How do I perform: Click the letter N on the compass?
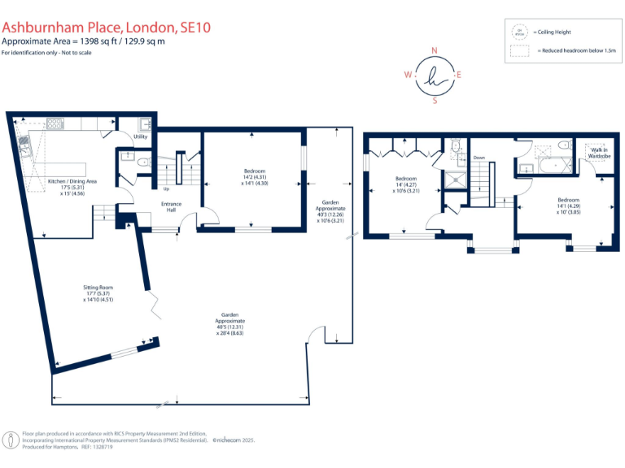click(435, 50)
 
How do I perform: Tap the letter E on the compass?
click(459, 76)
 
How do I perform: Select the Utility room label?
click(141, 137)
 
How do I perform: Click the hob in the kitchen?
click(55, 124)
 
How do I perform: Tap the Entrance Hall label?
click(171, 206)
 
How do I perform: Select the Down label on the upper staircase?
click(479, 158)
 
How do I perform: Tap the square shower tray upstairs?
click(456, 179)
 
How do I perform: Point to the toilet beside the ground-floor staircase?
click(143, 162)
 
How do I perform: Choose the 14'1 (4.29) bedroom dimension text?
click(568, 206)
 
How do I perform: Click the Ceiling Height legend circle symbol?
click(517, 32)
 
